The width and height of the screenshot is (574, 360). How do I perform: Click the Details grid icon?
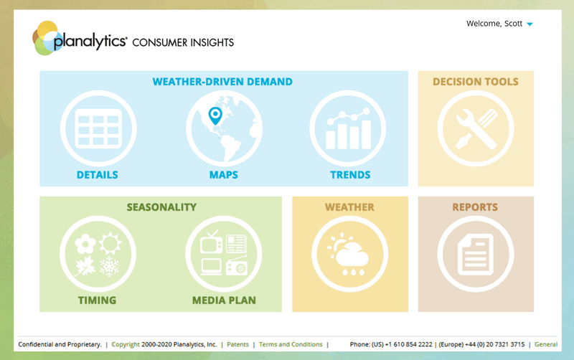tap(98, 128)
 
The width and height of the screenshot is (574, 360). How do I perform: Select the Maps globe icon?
tap(224, 128)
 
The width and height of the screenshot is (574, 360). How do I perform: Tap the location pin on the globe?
tap(215, 116)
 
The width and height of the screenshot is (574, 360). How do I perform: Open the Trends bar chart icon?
tap(348, 128)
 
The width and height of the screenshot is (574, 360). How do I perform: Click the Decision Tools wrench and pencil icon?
tap(476, 128)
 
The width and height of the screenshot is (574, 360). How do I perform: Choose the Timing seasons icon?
tap(98, 254)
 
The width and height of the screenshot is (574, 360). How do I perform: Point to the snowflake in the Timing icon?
tap(110, 265)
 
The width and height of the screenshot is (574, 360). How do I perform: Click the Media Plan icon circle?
tap(224, 254)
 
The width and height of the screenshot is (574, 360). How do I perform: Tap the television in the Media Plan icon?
tap(211, 242)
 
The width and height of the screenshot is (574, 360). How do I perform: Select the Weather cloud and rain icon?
tap(350, 254)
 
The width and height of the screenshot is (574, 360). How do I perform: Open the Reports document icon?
tap(476, 254)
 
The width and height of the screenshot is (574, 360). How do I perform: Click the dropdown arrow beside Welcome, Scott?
tap(530, 24)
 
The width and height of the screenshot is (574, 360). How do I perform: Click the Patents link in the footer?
tap(237, 344)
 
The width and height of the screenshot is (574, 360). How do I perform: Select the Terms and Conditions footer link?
tap(291, 344)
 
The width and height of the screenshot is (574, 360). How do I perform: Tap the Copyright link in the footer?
tap(126, 345)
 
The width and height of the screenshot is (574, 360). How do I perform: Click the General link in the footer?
tap(546, 344)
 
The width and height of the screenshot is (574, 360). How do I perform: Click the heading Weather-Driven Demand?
tap(222, 82)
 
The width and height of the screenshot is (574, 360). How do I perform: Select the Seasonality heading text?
tap(161, 207)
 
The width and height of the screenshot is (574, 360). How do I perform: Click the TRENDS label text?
tap(350, 175)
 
